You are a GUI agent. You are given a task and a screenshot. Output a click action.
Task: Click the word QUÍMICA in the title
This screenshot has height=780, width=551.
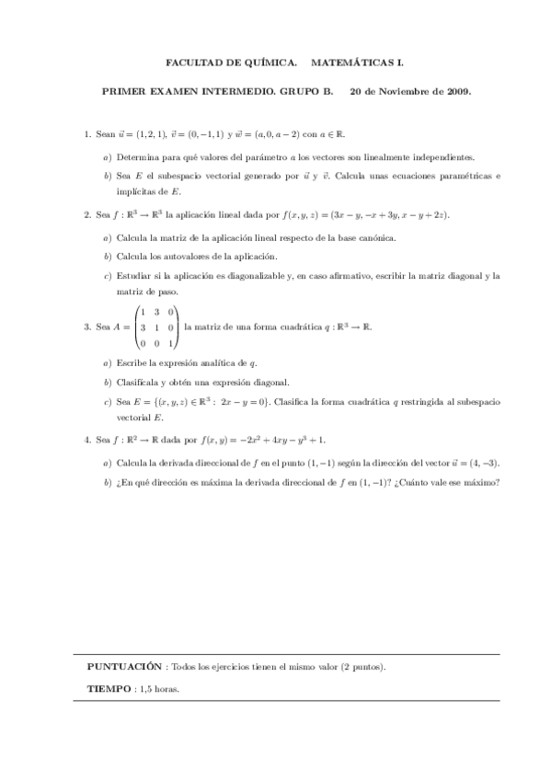(x=273, y=63)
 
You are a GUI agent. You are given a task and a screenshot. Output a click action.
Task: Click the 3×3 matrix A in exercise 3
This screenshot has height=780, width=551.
(x=157, y=327)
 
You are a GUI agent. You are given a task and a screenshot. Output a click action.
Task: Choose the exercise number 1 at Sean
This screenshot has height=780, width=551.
(x=86, y=134)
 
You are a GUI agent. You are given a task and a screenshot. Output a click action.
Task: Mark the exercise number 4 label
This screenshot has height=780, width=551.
(x=86, y=441)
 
